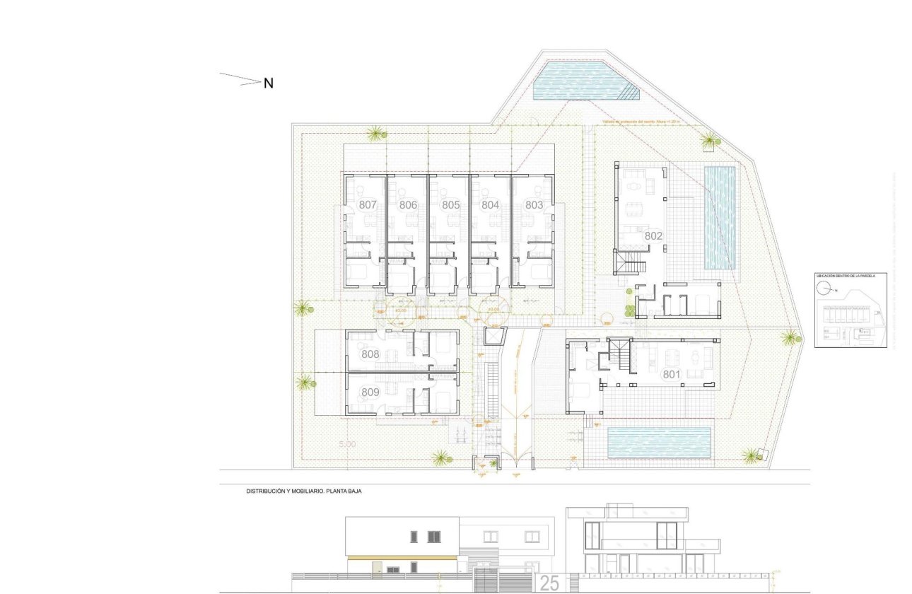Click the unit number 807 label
coord(368,204)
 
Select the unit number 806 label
coord(408,204)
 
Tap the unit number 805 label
coord(450,204)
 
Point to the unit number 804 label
coord(491,204)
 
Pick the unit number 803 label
coord(534,204)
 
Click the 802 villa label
coord(653,235)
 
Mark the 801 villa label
coord(671,375)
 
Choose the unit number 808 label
coord(370,354)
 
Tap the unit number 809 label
coord(370,392)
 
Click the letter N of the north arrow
coord(269,83)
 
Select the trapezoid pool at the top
coord(580,81)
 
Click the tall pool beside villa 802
coord(720,217)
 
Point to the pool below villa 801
coord(659,441)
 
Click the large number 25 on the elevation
coord(549,583)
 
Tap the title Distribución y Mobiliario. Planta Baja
coord(303,490)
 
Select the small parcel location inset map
coord(850,310)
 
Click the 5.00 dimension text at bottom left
coord(347,445)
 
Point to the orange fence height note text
coord(640,122)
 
